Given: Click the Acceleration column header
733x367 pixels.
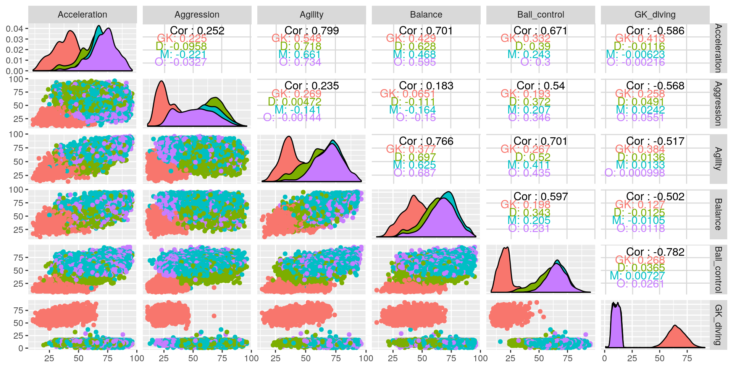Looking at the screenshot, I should [82, 15].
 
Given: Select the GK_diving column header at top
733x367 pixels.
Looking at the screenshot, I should [655, 15].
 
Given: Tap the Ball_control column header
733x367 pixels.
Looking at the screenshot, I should [541, 15].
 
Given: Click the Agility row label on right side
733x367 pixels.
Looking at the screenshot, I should [718, 159].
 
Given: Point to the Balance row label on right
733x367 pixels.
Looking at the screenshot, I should [718, 214].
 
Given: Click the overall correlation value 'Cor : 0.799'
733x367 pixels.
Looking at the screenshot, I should [312, 31].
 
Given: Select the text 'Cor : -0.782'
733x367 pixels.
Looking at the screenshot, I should [655, 252].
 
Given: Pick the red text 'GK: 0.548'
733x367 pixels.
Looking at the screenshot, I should [296, 38].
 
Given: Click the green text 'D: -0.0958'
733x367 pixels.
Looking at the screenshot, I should [181, 46].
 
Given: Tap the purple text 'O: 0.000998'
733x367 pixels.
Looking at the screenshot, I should [635, 173].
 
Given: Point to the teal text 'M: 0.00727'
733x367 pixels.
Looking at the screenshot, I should [637, 276].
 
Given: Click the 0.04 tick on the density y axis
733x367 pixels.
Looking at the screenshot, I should [15, 29].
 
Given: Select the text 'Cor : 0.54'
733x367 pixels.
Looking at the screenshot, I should [541, 86].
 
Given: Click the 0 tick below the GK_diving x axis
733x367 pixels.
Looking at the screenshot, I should [604, 358].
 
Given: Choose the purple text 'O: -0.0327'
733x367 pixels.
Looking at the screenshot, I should [181, 62].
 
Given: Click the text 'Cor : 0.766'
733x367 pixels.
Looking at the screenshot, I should [426, 141].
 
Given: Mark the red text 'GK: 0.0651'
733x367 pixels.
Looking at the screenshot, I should [407, 94].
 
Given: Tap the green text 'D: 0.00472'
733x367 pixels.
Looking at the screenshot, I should [294, 102].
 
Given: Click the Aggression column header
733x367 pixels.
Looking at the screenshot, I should [197, 15].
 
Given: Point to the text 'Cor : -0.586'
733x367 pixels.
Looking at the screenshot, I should [655, 31].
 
